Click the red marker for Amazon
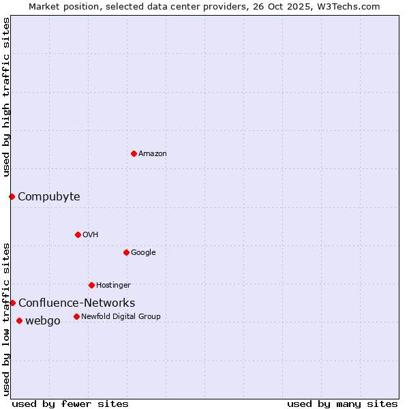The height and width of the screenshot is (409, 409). point(134,153)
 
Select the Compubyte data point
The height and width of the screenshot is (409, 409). point(12,196)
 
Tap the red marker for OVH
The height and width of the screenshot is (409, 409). point(78,234)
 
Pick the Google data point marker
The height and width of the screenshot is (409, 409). point(126,252)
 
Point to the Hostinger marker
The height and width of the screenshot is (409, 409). point(91,285)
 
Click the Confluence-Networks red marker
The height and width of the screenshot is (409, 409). point(12,303)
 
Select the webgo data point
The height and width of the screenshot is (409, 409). point(19,320)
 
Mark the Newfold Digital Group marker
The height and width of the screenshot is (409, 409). point(76,316)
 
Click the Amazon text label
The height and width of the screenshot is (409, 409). point(153,154)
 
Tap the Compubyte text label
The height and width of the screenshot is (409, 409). point(48,197)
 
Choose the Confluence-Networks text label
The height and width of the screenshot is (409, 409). point(76,303)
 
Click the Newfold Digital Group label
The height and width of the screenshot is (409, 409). point(121,316)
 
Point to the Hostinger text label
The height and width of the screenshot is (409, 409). point(113,285)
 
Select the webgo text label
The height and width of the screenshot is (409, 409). point(42,321)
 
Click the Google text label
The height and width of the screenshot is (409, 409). point(143,253)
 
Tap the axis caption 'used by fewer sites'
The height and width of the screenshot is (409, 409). point(70,404)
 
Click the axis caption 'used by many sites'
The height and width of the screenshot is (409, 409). point(342,404)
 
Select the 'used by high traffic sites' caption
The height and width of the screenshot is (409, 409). point(7,97)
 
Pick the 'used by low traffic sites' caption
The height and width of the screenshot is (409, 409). point(7,319)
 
